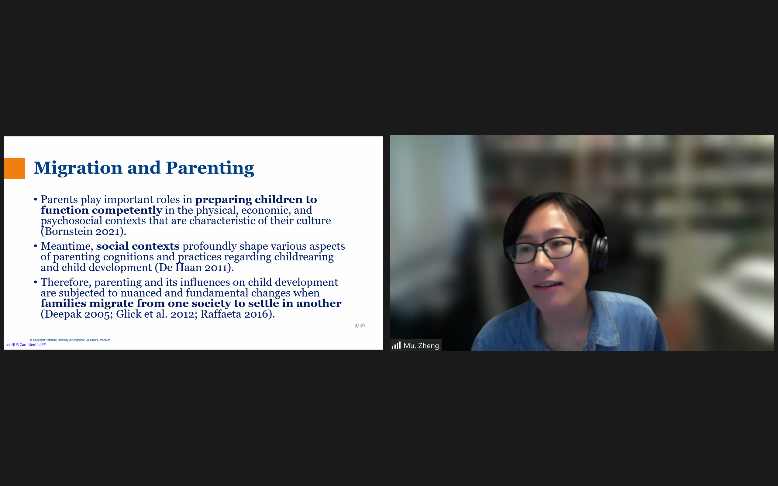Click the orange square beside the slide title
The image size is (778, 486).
pos(14,168)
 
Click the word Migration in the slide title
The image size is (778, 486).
pos(78,168)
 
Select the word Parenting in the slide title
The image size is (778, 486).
pos(210,168)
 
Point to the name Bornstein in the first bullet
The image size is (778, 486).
pos(68,231)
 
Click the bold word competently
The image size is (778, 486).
pos(127,210)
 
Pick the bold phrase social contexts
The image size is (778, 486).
pos(138,246)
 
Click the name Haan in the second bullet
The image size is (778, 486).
pos(188,267)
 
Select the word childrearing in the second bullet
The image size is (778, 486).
pos(304,257)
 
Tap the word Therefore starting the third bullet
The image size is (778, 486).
pos(66,282)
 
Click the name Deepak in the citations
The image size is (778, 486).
pos(63,314)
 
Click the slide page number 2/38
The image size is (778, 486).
pos(360,325)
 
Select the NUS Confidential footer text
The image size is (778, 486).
pos(26,344)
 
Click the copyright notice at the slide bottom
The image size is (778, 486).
pos(71,340)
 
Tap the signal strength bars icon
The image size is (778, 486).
pos(396,345)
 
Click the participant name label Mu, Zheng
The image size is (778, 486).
pos(421,346)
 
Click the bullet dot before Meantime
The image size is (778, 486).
pos(35,246)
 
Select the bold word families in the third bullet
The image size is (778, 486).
pos(63,303)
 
